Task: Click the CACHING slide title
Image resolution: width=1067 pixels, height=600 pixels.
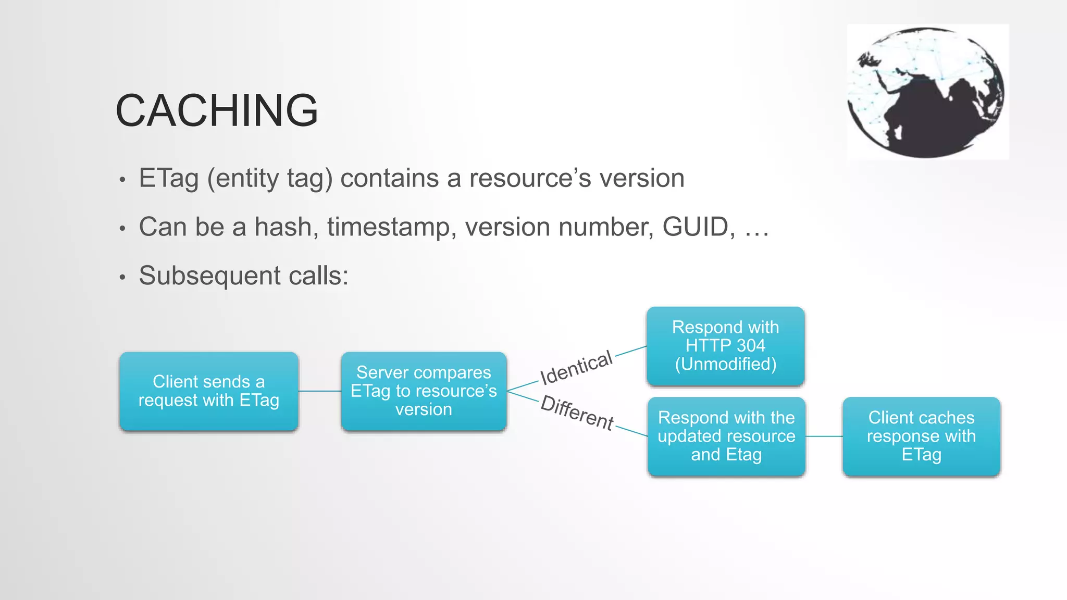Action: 216,110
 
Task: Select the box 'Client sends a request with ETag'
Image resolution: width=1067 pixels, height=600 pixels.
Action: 208,391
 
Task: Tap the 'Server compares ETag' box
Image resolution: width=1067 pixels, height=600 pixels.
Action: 424,391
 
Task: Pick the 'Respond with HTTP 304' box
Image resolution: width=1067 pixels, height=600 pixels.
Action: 725,346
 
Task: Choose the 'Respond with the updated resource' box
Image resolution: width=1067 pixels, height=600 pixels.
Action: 726,436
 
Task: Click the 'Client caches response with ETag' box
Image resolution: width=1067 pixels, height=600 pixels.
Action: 921,436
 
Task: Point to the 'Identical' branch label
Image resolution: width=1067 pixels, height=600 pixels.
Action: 576,368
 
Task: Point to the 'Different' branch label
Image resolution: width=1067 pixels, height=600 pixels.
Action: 577,413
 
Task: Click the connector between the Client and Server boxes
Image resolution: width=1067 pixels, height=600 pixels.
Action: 320,391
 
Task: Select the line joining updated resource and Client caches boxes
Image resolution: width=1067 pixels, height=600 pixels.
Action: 824,436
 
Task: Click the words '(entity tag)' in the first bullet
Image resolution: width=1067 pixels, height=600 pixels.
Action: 270,179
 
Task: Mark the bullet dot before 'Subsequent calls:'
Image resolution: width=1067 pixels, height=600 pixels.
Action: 122,277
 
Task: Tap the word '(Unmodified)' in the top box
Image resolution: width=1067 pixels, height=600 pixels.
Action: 725,364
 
